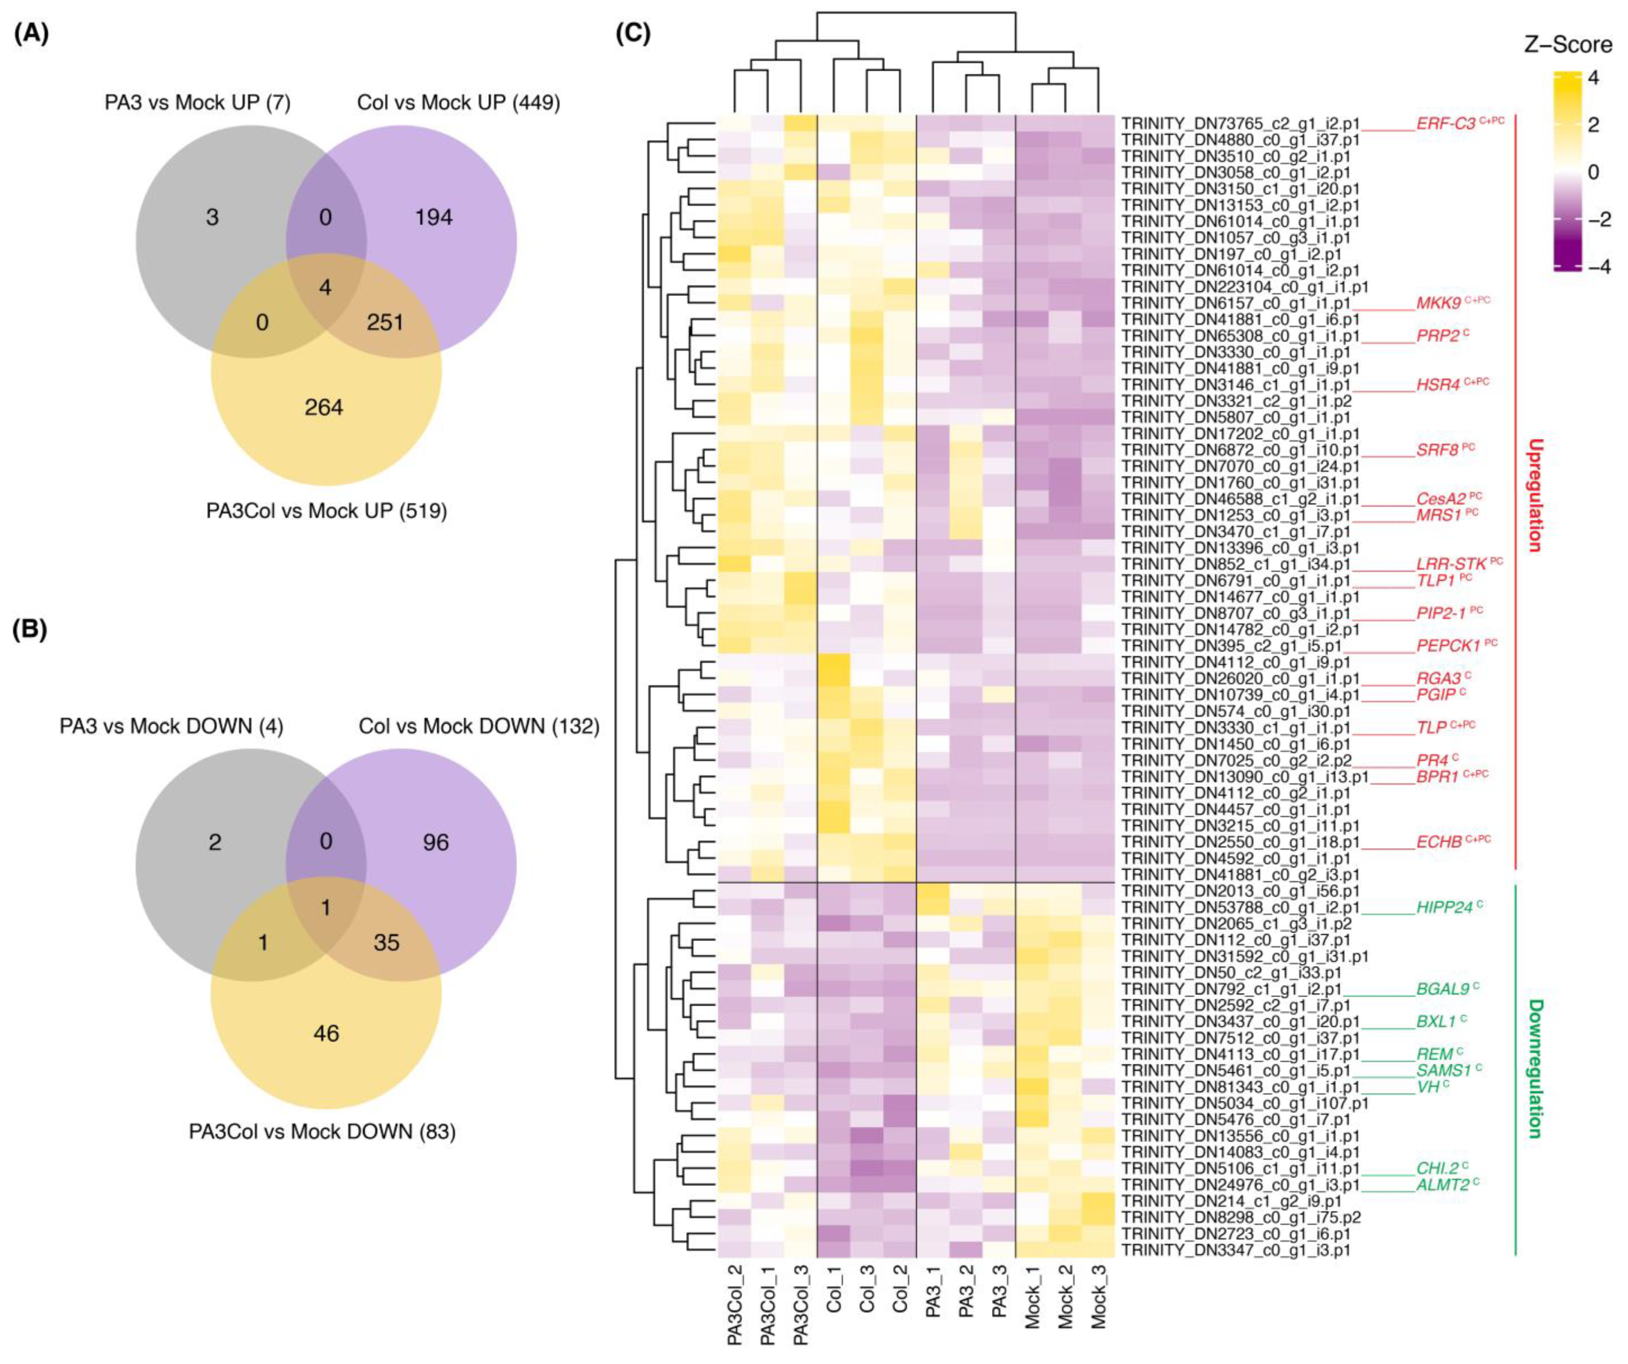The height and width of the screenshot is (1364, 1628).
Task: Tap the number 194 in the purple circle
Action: (434, 218)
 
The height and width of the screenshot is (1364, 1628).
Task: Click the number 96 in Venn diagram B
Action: (436, 843)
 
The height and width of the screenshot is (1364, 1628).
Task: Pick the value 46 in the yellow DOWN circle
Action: (326, 1033)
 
